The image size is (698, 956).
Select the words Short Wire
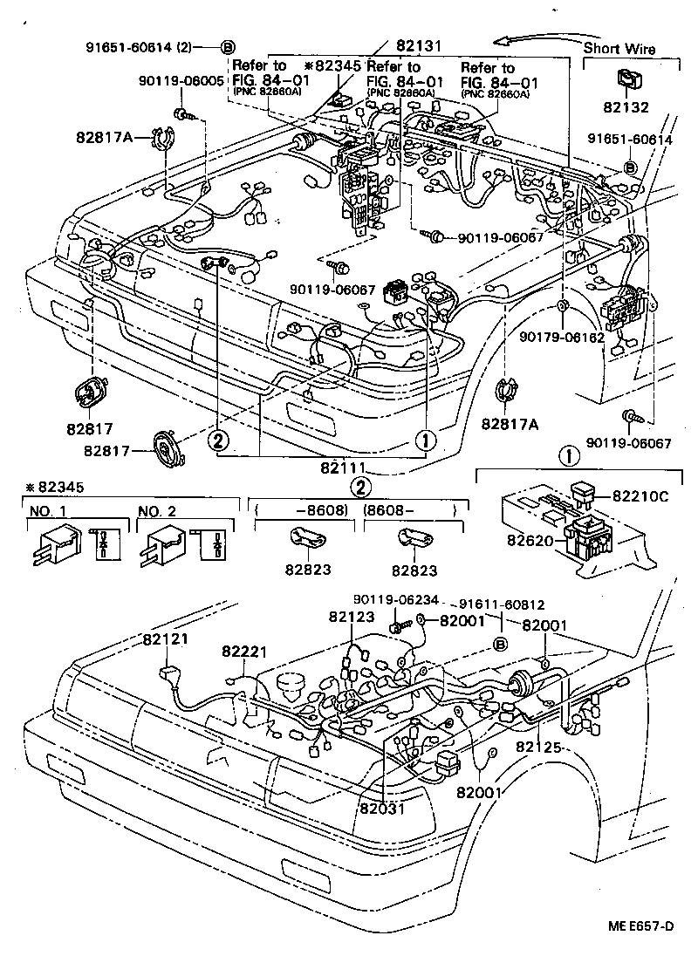point(619,49)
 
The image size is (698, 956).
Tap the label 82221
point(244,652)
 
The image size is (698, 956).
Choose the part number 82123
point(352,617)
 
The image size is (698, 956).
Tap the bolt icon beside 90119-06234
point(398,625)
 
